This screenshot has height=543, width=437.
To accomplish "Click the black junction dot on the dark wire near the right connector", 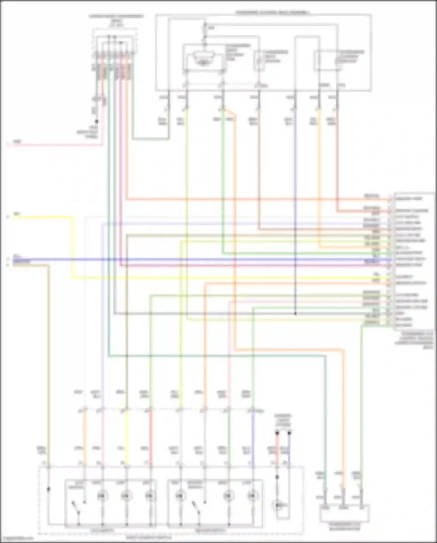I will coord(295,314).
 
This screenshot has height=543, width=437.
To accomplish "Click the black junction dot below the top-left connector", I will coord(96,121).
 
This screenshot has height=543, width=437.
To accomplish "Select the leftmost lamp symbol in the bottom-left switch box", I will coord(102,496).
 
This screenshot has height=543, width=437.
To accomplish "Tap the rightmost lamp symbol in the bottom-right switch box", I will coord(253,496).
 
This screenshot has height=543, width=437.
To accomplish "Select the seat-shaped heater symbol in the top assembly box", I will coord(203,58).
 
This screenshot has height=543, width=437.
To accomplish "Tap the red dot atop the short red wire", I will coord(277,433).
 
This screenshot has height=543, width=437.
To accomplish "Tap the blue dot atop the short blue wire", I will coord(289,433).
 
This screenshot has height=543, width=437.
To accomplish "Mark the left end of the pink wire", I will coord(13,144).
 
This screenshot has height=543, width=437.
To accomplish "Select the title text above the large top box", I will coord(272,13).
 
